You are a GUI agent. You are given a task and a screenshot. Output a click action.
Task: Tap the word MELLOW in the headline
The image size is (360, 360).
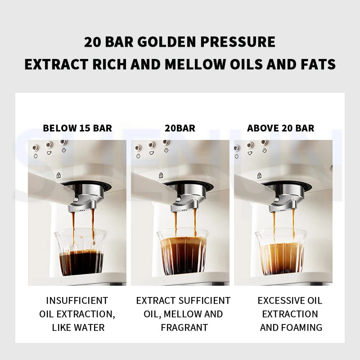[194, 64]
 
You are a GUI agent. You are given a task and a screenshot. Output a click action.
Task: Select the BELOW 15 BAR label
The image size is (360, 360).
[77, 128]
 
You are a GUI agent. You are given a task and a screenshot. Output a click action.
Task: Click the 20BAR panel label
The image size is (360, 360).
[180, 128]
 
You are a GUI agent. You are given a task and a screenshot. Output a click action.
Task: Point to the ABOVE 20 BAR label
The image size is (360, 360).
[281, 128]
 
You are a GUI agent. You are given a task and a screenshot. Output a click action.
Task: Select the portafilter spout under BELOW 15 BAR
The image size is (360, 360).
[82, 198]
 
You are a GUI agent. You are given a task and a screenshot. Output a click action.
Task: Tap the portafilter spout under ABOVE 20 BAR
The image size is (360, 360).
[282, 198]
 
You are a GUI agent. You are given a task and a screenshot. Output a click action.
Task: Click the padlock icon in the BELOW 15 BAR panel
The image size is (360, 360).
[58, 175]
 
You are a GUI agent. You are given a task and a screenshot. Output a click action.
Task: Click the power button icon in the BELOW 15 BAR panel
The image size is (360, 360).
[36, 156]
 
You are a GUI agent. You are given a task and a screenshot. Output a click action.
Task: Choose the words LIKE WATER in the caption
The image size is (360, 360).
[78, 328]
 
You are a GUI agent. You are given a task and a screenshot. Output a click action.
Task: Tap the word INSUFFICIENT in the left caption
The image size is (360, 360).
[77, 301]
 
